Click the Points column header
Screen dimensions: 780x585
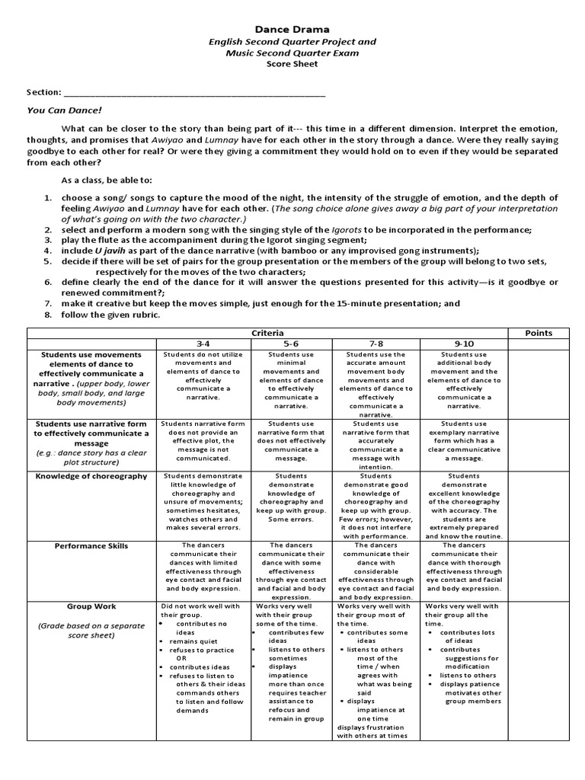point(539,333)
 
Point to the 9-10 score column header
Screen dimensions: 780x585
point(464,344)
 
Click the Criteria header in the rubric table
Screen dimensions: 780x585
point(268,333)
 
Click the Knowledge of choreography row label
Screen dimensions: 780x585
point(91,476)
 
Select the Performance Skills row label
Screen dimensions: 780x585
point(91,546)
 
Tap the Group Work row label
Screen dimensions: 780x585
point(91,606)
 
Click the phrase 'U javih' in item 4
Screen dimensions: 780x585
point(109,250)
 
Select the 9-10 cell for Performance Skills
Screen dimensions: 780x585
point(464,567)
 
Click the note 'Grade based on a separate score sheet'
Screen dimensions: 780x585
point(91,631)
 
